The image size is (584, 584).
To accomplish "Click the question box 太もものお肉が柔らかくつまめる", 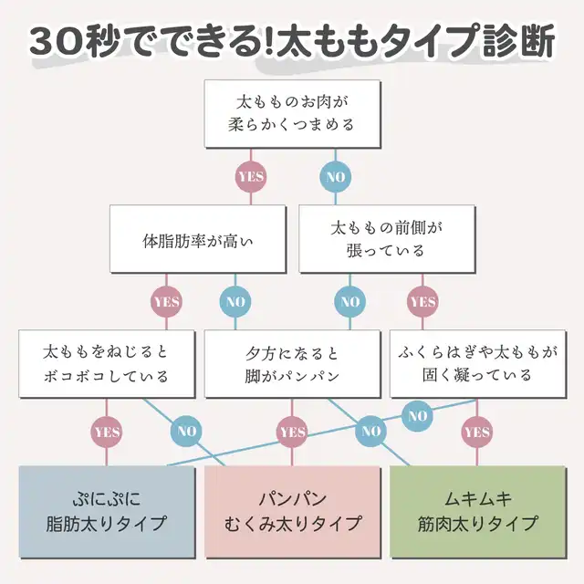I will coord(292,111).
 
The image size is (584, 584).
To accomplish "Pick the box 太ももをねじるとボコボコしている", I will coord(107,363).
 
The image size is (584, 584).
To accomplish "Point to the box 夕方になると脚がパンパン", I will coord(292,363).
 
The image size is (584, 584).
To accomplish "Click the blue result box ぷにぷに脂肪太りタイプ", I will coord(107,512).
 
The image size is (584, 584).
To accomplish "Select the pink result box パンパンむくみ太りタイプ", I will coord(292,512).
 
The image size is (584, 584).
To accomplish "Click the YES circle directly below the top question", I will coord(250,176).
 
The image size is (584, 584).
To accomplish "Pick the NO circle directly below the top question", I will coord(335,176).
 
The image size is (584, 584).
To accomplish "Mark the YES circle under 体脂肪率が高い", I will coord(167,301).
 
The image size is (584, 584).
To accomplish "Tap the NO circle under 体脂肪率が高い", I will coord(235,301).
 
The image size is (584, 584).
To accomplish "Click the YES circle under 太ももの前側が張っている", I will coord(422,301).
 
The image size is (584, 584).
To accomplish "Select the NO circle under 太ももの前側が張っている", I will coord(349,301).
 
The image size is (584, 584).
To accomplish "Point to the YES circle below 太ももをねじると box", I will coord(107,431).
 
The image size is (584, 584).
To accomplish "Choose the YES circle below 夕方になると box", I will coord(292,431).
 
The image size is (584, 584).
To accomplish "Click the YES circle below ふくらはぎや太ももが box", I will coord(477,431).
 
